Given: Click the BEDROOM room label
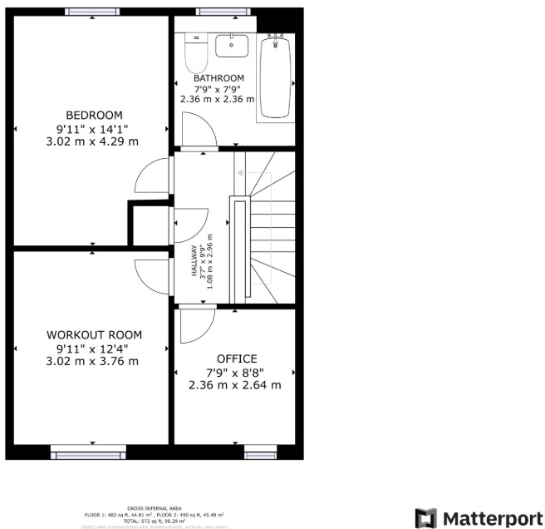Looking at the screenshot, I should coord(94,115).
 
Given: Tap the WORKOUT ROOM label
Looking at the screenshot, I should coord(94,334).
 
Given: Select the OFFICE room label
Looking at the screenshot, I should coord(236,359).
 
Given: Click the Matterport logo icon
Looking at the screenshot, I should coord(425,517).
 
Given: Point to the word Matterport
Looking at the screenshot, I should coord(487,517).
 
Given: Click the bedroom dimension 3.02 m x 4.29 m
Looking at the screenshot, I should coord(94,141).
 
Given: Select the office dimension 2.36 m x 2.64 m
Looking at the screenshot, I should coord(235,385).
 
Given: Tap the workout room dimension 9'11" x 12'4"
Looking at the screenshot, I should coord(94,348).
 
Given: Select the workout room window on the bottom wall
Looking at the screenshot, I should coord(88,453).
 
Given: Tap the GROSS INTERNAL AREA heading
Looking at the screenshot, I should coord(154,508).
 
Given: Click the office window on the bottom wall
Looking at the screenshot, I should coord(259,453).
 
